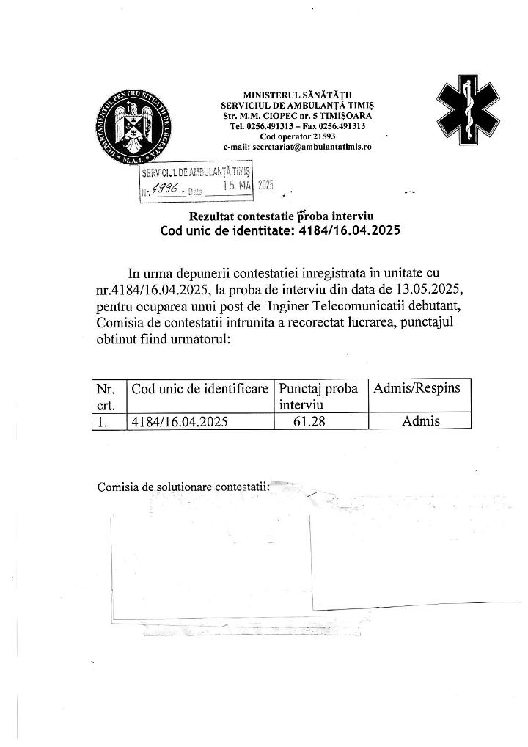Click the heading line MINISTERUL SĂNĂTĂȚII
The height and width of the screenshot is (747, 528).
click(x=297, y=95)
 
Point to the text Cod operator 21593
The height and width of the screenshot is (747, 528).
click(x=297, y=136)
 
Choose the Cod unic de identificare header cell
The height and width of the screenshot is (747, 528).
click(x=199, y=388)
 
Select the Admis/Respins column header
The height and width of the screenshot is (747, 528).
click(x=417, y=388)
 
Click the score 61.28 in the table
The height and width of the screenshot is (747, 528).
click(x=309, y=421)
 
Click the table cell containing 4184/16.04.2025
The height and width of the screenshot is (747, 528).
click(x=180, y=421)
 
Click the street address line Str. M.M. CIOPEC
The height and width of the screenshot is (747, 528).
click(x=297, y=116)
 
